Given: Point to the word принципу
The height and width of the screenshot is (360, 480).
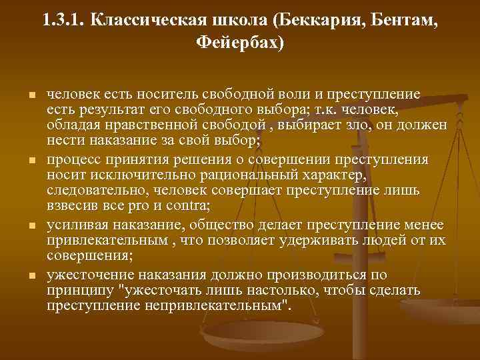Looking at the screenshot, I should (75, 290).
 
